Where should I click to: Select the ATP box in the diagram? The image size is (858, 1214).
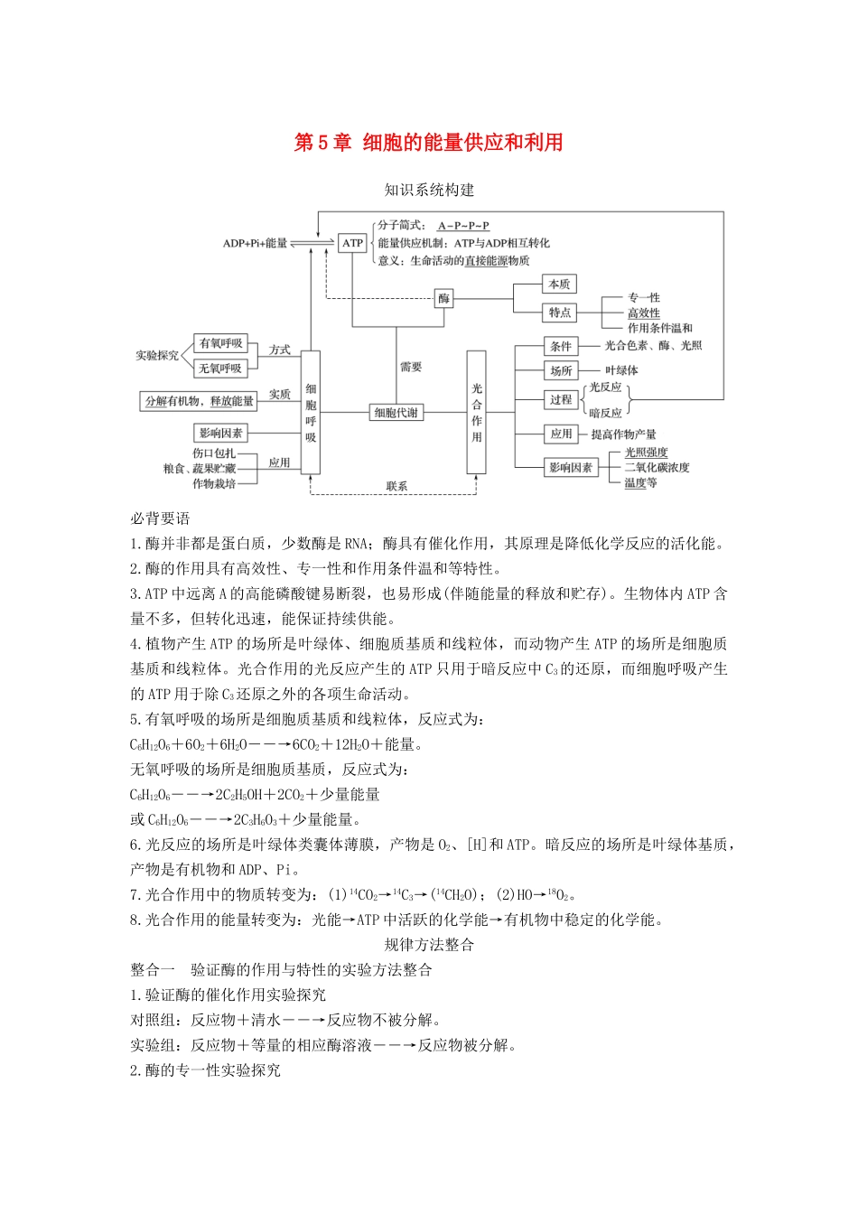click(x=352, y=243)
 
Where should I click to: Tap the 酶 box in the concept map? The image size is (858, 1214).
click(x=443, y=298)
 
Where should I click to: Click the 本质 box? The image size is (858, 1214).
click(x=560, y=285)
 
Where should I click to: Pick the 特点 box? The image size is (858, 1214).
click(x=560, y=313)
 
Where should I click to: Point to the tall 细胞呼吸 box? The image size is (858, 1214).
click(x=311, y=412)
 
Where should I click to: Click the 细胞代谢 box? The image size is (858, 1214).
click(x=396, y=413)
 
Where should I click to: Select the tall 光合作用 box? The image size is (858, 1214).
click(x=477, y=412)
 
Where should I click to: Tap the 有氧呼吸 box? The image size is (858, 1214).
click(x=221, y=343)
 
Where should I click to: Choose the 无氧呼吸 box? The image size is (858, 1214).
click(x=221, y=369)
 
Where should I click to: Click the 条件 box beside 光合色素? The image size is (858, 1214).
click(x=561, y=346)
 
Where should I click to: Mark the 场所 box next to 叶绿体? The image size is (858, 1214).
click(x=561, y=370)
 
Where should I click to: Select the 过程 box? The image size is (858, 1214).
click(x=561, y=399)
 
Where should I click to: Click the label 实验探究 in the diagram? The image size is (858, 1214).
click(x=157, y=356)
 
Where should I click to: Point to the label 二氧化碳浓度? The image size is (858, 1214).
click(x=657, y=468)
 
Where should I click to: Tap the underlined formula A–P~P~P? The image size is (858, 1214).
click(x=463, y=226)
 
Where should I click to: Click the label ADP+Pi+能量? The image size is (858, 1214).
click(x=255, y=243)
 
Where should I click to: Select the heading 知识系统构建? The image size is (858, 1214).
click(x=429, y=190)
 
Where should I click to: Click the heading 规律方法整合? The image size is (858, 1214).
click(x=429, y=945)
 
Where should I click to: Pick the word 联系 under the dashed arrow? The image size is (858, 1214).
click(x=396, y=486)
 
